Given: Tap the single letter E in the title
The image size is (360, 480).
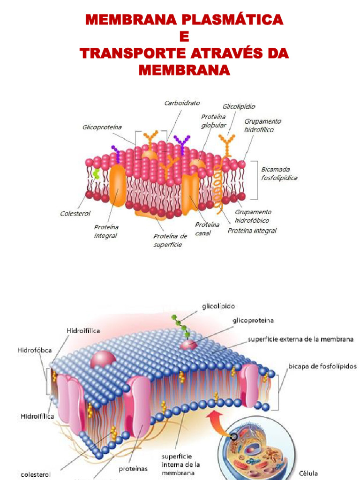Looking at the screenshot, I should coord(184,37).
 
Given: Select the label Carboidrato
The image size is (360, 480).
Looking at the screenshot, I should coord(182,103).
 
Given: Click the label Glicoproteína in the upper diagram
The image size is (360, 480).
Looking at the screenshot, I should coord(102,127).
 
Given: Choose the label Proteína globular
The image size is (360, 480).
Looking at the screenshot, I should coord(214,121).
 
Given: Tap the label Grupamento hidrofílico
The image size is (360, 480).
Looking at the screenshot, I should coord(262,125).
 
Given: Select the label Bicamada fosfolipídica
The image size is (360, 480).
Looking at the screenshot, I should coord(279,173).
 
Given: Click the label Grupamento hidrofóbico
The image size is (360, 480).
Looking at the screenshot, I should coord(252,216).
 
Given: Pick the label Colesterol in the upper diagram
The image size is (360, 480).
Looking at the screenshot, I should coord(75,213).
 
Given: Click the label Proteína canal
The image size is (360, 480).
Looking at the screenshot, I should coord(207,229).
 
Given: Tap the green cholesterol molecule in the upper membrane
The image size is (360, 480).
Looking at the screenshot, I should coord(97,175).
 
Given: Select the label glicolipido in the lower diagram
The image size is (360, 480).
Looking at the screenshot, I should coord(218,306).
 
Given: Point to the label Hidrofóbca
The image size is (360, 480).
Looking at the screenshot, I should coord(34,350).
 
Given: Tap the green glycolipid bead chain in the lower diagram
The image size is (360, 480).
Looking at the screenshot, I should coord(181,325).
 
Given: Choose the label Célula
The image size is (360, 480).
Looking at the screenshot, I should coord(307,473).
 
